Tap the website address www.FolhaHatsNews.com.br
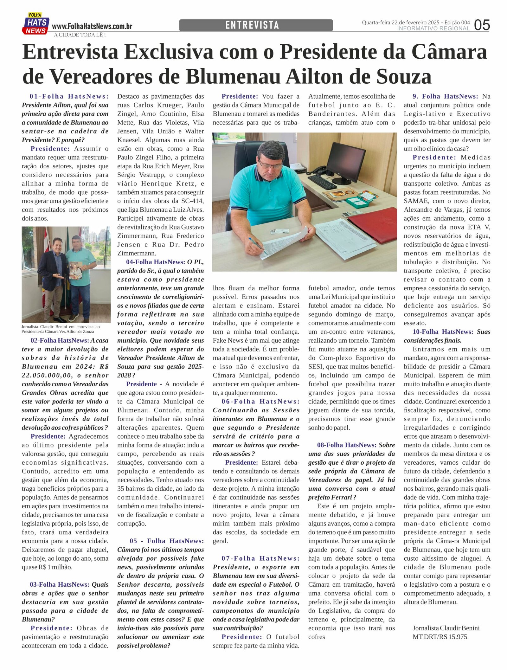point(92,26)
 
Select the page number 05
point(482,25)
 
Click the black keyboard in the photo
point(322,182)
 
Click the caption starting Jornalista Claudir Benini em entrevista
point(60,329)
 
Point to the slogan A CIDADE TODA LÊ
point(80,35)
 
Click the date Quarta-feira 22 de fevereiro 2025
point(401,23)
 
